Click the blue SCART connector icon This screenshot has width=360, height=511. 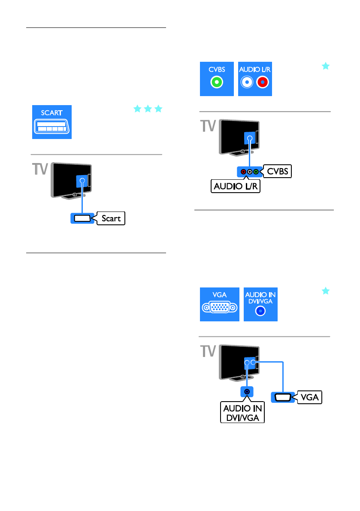click(x=52, y=122)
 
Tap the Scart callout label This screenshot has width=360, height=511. click(x=111, y=218)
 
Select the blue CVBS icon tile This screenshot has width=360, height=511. click(x=217, y=79)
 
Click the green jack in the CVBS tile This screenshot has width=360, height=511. click(x=217, y=83)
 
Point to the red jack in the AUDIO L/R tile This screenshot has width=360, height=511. click(x=262, y=83)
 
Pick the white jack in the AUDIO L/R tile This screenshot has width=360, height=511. click(x=248, y=83)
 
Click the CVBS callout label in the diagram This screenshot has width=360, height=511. click(x=277, y=172)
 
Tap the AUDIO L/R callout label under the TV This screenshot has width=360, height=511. click(x=236, y=187)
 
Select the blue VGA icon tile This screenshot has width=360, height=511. click(x=220, y=304)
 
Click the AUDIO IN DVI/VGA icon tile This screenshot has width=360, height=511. click(x=260, y=304)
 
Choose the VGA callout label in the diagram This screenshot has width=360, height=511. click(x=309, y=397)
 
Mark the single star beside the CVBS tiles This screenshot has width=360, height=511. click(x=326, y=66)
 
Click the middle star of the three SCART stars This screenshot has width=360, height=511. click(x=148, y=109)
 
